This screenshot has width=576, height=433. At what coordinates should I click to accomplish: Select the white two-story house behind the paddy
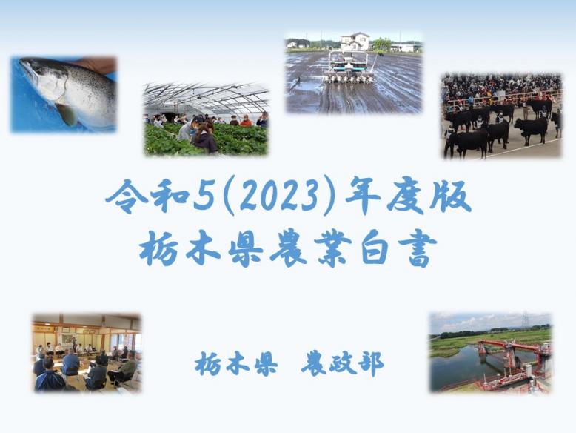click(x=355, y=42)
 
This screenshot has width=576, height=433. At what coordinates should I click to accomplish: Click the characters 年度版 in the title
click(x=408, y=196)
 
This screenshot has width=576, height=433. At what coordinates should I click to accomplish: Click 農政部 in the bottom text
click(x=343, y=364)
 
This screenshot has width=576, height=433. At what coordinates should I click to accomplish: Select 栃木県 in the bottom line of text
click(x=236, y=364)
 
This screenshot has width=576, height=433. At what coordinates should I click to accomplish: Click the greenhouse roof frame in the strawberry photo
click(x=206, y=96)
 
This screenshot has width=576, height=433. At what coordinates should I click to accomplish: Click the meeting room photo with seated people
click(x=87, y=353)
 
